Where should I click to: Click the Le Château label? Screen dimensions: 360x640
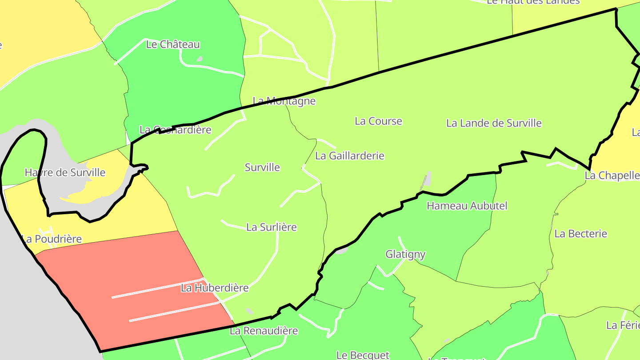pos(173,44)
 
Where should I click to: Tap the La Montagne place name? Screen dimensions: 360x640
pos(284,101)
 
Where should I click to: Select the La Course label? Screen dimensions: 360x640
pos(378,121)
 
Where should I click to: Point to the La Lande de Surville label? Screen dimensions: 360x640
pos(494,123)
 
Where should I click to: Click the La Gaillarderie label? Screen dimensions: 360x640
pos(349,156)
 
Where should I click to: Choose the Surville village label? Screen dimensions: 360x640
pos(262,167)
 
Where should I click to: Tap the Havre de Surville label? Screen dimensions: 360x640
pos(65,172)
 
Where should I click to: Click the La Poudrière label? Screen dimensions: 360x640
pos(52,239)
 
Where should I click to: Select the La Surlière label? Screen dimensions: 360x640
pos(271,227)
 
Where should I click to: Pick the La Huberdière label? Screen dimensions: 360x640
pos(215,288)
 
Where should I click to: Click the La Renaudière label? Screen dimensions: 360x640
pos(264,331)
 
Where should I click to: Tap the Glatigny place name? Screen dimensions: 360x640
pos(405,254)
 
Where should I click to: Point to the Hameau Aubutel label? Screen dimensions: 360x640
pos(467,206)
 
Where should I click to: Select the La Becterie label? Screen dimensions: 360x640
pos(580,233)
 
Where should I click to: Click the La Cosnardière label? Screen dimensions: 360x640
pos(175,130)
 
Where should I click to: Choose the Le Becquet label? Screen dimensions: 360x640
pos(363,355)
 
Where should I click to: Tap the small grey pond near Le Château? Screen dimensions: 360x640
pos(200,59)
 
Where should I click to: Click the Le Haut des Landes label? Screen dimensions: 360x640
pos(533,2)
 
